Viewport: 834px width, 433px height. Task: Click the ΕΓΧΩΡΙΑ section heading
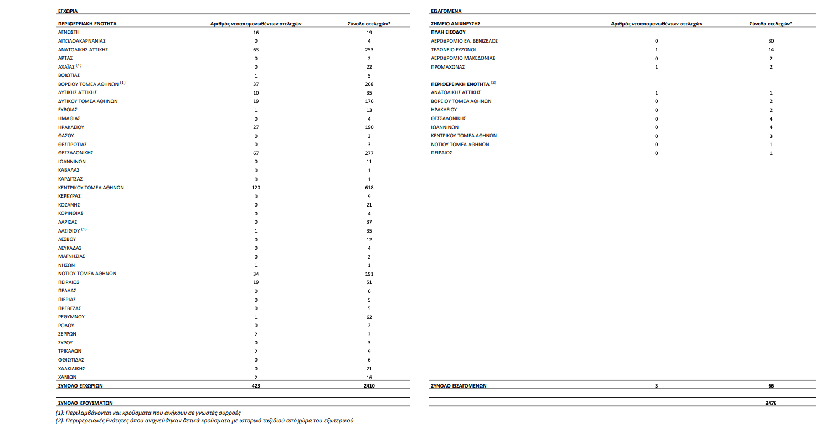[68, 11]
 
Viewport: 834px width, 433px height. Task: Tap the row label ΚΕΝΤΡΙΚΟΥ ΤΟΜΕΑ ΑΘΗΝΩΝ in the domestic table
[91, 188]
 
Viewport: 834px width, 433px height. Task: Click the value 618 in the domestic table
[369, 188]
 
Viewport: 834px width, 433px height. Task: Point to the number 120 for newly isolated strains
[256, 188]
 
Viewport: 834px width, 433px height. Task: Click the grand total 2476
[771, 403]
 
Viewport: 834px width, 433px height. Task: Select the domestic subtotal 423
[256, 385]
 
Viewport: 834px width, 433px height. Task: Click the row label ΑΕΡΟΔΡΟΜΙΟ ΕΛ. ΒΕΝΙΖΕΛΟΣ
[465, 41]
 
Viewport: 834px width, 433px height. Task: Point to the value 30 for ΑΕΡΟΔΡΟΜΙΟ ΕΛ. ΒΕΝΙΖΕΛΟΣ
[771, 41]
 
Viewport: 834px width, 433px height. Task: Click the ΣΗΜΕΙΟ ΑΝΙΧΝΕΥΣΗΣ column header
[455, 24]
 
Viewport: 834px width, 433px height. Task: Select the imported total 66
[771, 386]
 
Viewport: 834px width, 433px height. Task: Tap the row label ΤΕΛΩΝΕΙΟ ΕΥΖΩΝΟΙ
[453, 49]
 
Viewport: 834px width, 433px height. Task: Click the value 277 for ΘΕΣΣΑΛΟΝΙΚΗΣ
[369, 153]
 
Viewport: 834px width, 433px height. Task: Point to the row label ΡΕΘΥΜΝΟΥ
[71, 317]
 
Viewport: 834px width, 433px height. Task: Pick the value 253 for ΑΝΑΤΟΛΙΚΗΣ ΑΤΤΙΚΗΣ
[369, 50]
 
